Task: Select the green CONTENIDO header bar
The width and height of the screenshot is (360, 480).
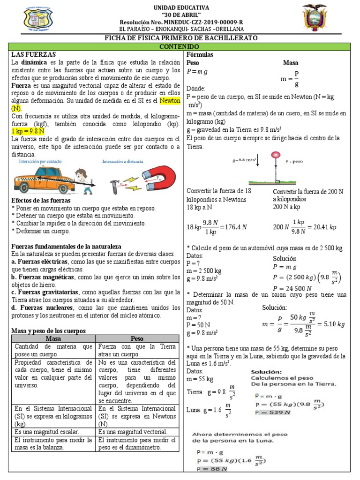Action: (x=180, y=47)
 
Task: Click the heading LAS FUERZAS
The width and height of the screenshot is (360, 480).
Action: (x=33, y=55)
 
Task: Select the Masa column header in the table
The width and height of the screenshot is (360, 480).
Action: (x=53, y=338)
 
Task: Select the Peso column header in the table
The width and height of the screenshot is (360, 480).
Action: (x=137, y=338)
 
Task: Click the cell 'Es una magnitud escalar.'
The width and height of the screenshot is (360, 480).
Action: (x=47, y=431)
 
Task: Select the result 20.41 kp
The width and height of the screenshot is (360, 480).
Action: (x=325, y=227)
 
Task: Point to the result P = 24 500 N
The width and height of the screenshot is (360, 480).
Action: (x=293, y=288)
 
